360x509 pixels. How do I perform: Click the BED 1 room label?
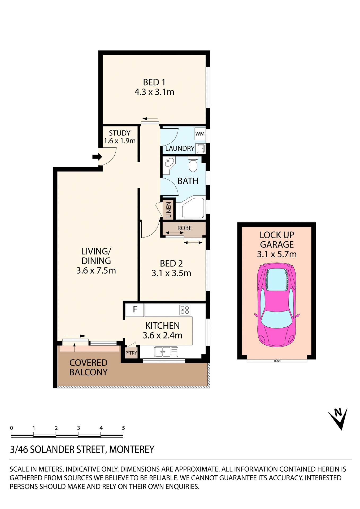coord(154,82)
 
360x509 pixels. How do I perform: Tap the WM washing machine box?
coord(200,134)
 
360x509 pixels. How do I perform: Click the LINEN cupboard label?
coord(168,210)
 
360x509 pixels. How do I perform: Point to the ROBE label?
coord(184,228)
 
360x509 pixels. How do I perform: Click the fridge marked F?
coord(135,309)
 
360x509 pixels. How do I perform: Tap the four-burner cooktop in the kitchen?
coord(185,310)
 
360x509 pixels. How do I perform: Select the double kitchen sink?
coord(163,352)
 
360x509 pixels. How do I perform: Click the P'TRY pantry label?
coord(131,353)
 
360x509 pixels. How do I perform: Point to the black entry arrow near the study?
coord(97,157)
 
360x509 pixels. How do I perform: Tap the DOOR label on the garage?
coord(277,361)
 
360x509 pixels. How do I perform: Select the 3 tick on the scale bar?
coord(79,428)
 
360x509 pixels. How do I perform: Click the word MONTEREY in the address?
coord(132,450)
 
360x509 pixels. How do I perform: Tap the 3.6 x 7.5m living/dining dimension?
coord(96,271)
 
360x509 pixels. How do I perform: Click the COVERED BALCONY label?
coord(88,367)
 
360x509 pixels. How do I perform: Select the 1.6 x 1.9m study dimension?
coord(120,141)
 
